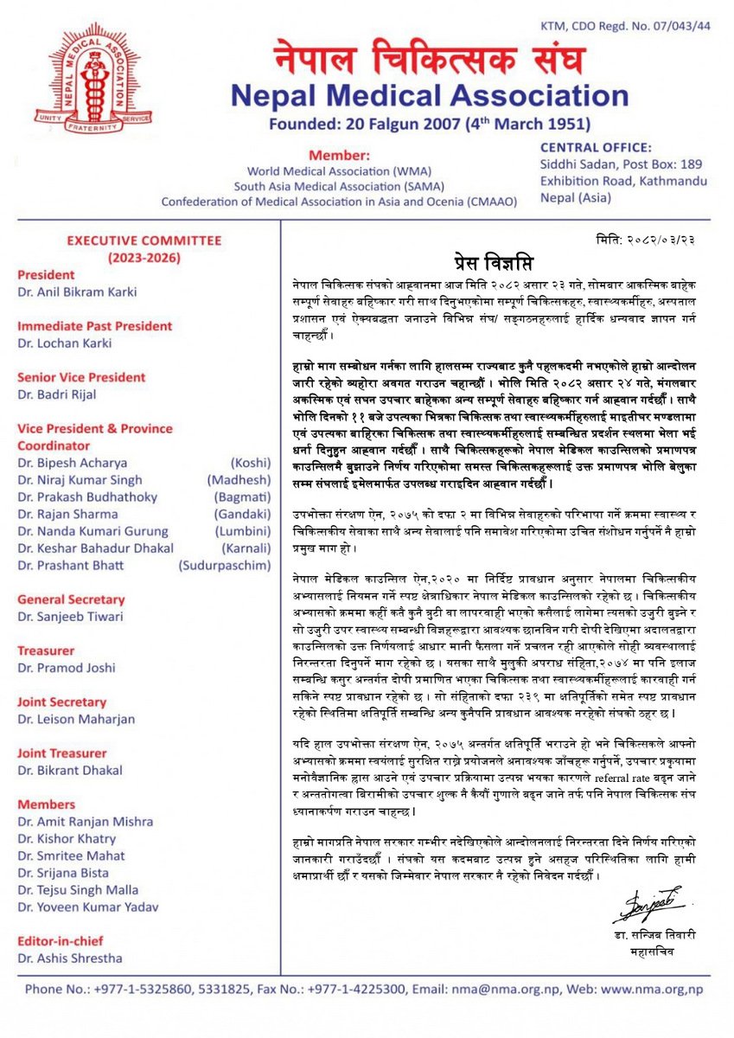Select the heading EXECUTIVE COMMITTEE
pos(144,241)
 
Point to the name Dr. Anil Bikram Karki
pos(77,292)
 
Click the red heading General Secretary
pos(71,599)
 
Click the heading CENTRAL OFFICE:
pos(596,148)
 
